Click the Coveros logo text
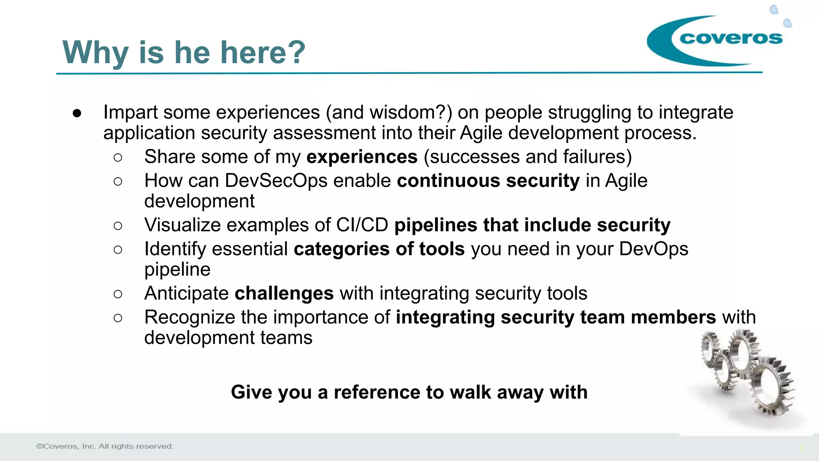[x=731, y=38]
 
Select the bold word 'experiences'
[x=362, y=157]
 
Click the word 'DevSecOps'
[x=276, y=181]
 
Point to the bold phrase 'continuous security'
[x=488, y=181]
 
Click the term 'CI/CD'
[x=362, y=225]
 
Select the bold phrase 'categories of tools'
[x=379, y=249]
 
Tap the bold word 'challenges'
[x=284, y=293]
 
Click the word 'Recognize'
[x=190, y=318]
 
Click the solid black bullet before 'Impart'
[x=77, y=113]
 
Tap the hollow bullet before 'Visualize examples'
[x=118, y=226]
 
